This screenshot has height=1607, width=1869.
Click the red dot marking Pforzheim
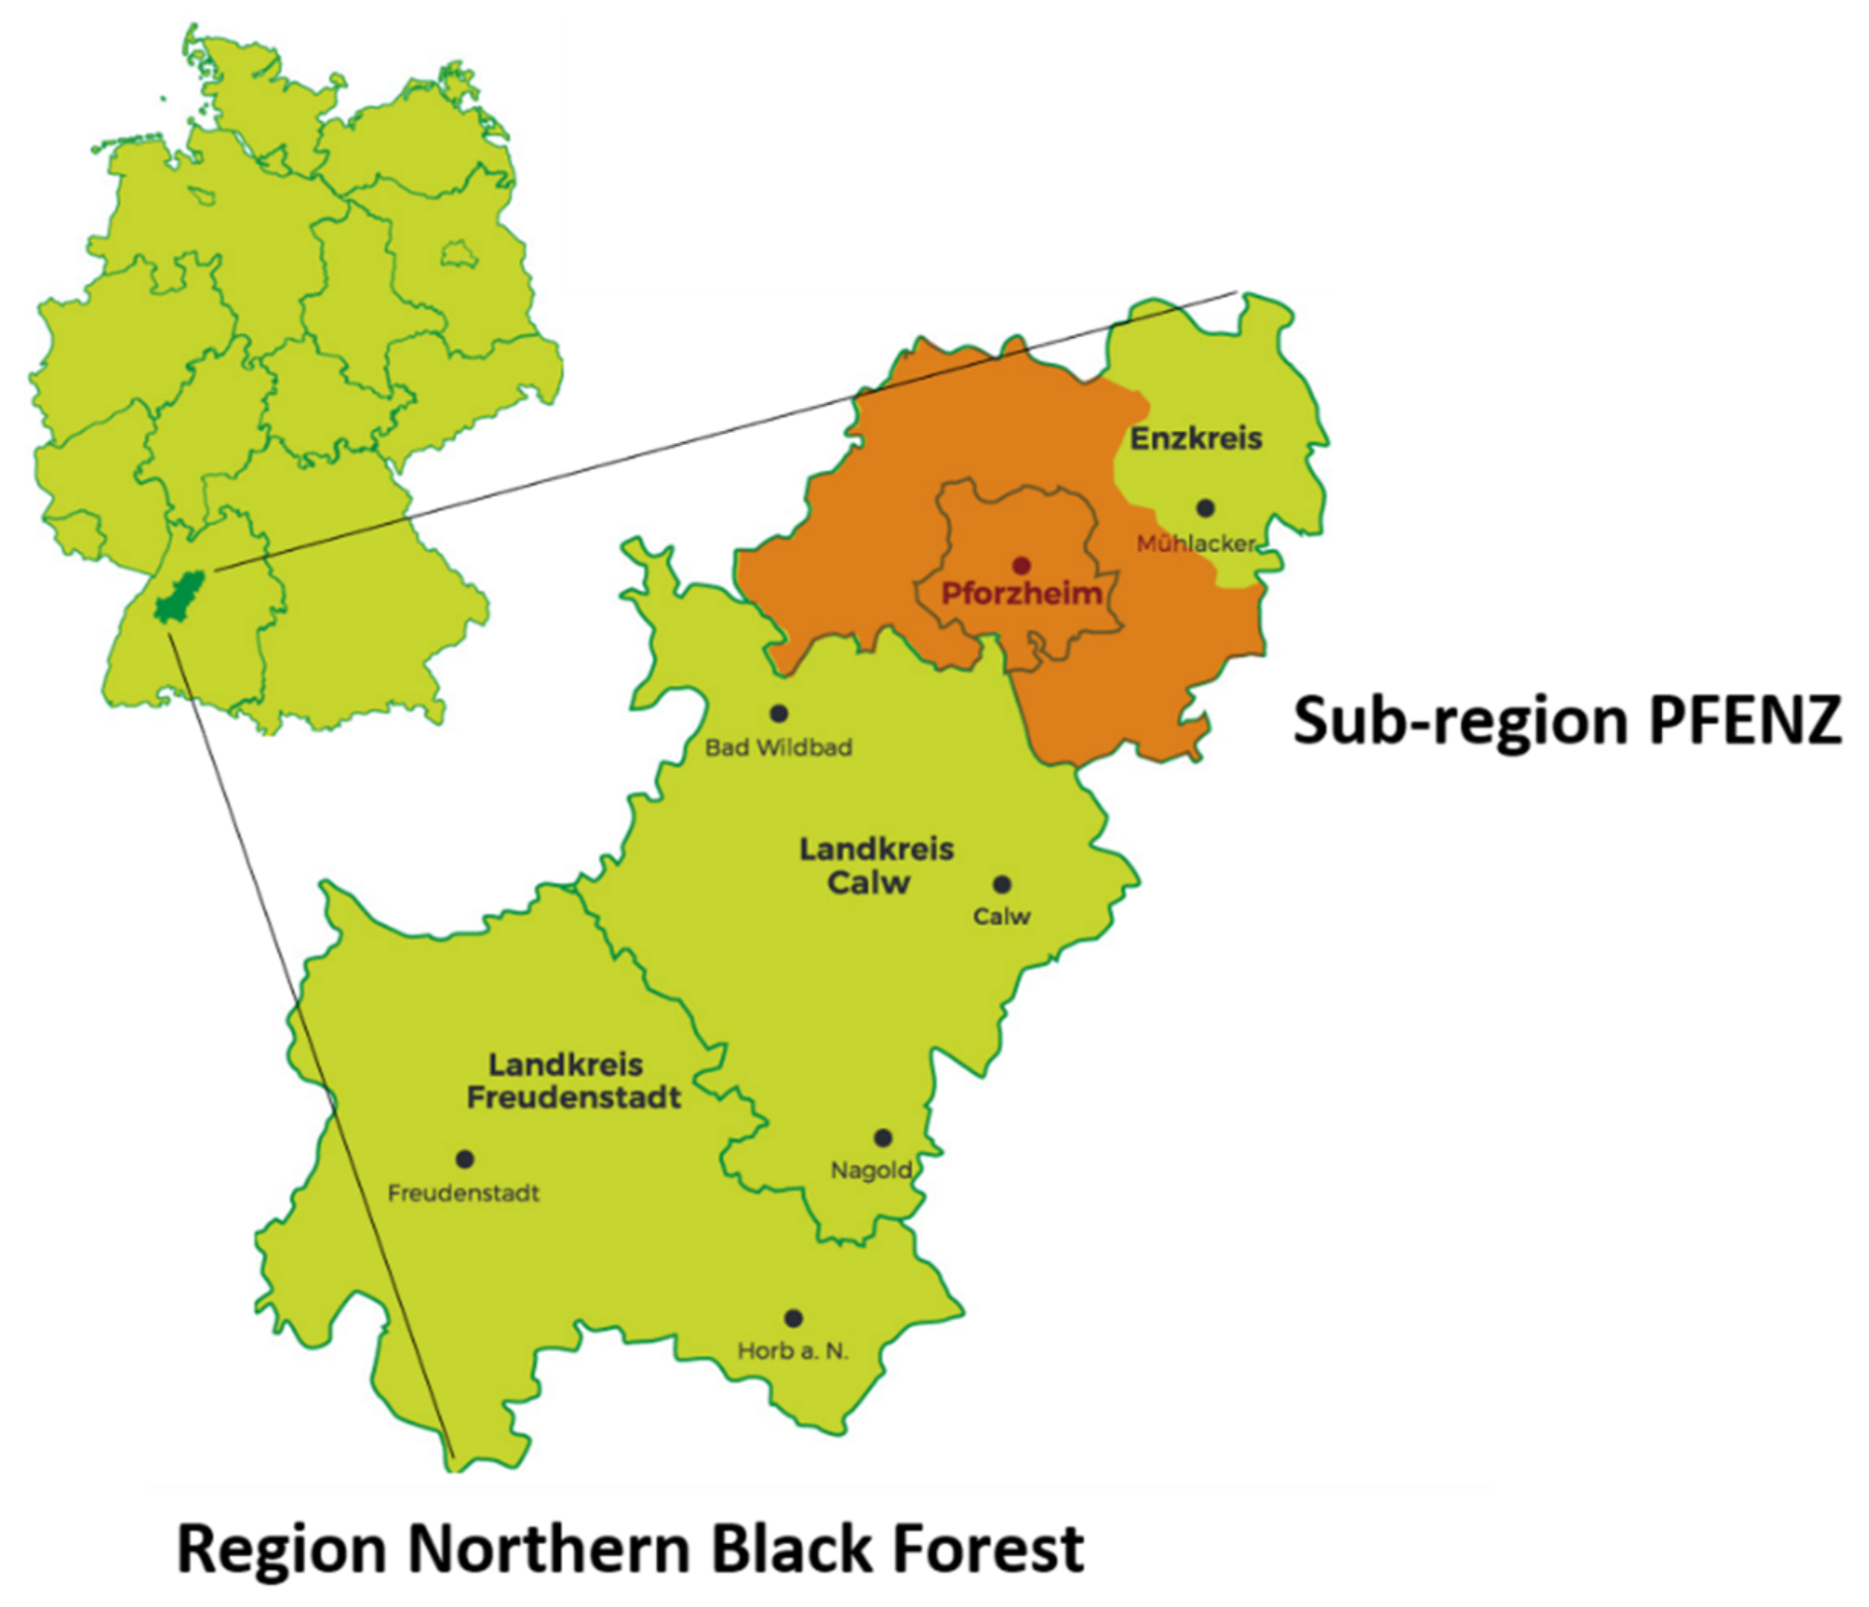[x=1021, y=566]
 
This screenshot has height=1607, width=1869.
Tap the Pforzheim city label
[x=1021, y=593]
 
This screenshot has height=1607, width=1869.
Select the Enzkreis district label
[x=1196, y=440]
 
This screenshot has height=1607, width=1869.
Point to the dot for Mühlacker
[x=1205, y=508]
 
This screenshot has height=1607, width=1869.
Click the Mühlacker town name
[x=1195, y=543]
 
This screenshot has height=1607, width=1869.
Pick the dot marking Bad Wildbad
[x=778, y=714]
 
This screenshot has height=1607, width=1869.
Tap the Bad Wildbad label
[x=778, y=747]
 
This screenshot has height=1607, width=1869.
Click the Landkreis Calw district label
[x=876, y=865]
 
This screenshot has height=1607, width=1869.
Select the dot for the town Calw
[x=1002, y=883]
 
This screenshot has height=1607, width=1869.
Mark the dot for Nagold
[x=883, y=1138]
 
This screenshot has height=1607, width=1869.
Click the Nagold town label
[x=870, y=1171]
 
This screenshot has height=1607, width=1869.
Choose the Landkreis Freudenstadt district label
[x=573, y=1081]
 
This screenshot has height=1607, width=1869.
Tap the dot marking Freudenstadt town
[x=465, y=1160]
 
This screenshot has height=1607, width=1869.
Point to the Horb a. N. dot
[x=793, y=1319]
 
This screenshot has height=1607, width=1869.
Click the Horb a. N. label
[x=793, y=1351]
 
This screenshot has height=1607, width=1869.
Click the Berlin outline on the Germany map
[x=456, y=253]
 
